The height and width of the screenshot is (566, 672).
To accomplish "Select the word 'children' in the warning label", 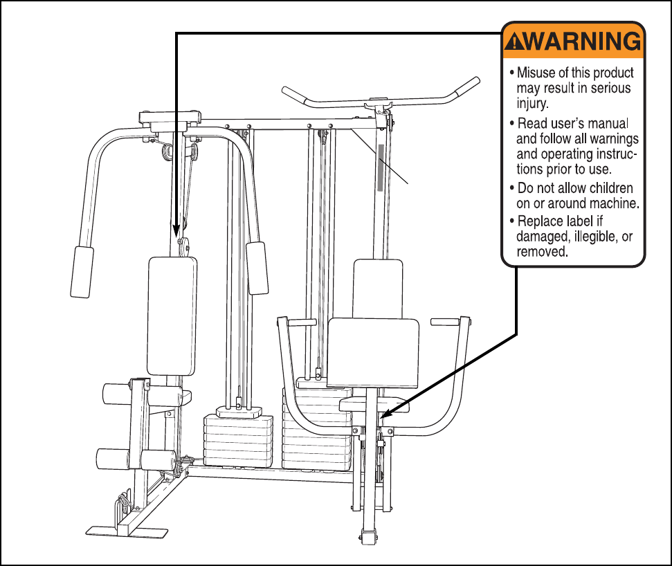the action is tap(610, 188).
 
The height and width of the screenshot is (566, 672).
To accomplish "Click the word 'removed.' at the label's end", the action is tap(542, 253).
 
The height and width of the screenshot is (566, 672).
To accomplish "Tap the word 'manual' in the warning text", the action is tap(608, 124).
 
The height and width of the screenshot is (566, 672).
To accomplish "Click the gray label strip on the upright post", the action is tap(380, 167).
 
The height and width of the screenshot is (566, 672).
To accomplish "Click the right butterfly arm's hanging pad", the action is tap(258, 268).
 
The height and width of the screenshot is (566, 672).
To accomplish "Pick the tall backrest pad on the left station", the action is tap(172, 315).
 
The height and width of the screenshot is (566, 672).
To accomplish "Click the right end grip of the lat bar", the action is tap(470, 84).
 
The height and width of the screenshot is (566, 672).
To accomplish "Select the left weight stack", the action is tap(239, 439).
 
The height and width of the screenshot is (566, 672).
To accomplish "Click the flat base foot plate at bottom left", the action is tap(127, 531).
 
